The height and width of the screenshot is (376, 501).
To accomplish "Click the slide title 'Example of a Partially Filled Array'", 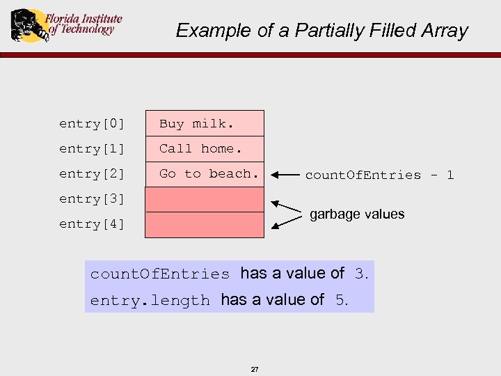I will coord(321,31).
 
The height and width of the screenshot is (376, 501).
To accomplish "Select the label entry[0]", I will coord(92,124).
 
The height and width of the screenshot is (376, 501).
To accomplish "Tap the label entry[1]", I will coord(92,149).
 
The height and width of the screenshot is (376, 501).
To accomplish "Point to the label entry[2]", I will coord(92,174).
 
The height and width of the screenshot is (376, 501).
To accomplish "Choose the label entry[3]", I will coord(92,199).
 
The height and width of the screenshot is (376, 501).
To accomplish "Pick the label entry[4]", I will coord(92,224).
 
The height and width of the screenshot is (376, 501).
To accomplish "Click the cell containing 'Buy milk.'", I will coord(205,123).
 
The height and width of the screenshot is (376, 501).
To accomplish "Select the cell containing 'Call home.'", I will coord(205,148).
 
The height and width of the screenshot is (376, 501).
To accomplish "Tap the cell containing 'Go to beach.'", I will coord(205,174).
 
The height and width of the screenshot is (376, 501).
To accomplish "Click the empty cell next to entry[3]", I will coord(205,199).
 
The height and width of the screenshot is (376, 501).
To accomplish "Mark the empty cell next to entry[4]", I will coord(205,225).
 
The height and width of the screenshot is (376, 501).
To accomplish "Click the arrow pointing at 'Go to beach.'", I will coord(285,175).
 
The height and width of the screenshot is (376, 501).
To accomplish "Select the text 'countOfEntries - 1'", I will coord(379,175).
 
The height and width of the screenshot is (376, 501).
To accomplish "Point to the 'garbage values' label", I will coord(357,214).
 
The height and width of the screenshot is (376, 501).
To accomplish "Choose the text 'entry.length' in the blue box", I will coord(150,301).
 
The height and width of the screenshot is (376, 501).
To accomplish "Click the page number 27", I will coord(254,369).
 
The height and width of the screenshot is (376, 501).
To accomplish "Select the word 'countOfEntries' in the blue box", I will coord(160,274).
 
